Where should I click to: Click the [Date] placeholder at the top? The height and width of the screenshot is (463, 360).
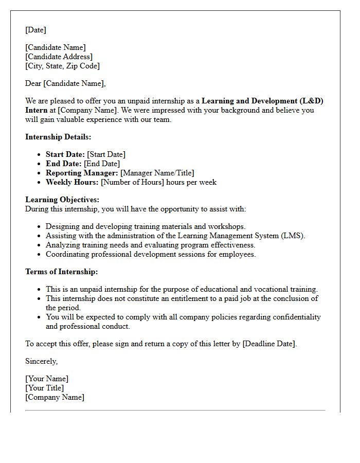[35, 30]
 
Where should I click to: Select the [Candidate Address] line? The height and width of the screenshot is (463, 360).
[59, 57]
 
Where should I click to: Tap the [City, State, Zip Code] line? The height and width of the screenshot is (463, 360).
[62, 66]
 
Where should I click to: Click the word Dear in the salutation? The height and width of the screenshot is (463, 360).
[33, 83]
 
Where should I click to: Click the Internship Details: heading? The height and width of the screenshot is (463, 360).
[58, 137]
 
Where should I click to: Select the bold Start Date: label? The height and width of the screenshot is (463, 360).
[65, 154]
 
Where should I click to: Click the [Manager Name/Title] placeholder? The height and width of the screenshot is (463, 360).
[157, 173]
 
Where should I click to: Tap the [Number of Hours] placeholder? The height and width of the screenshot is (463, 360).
[132, 182]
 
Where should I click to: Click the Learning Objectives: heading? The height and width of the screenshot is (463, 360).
[62, 200]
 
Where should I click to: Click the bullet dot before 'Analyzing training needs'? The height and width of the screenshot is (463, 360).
[40, 245]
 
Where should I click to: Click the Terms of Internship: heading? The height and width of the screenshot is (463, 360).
[61, 272]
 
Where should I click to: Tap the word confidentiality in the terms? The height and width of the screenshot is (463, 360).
[295, 317]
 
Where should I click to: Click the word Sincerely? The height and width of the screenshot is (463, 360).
[41, 361]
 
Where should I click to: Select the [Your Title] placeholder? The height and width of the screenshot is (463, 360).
[44, 388]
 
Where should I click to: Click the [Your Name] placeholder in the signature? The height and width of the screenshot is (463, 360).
[46, 379]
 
